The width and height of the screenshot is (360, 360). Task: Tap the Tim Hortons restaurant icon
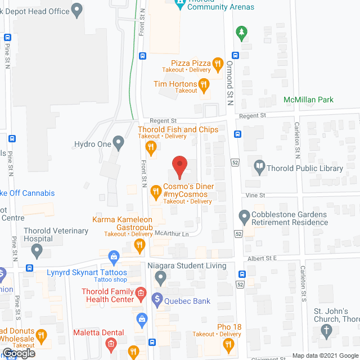point(204,85)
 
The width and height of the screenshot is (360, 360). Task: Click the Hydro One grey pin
point(118,143)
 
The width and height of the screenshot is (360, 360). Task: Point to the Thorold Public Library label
point(305,168)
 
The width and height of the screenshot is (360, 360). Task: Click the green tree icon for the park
point(242,33)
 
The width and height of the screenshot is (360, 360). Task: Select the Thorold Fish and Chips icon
point(150,147)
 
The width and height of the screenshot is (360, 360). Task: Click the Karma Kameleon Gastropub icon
point(140,245)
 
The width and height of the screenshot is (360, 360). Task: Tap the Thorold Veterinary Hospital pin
point(37,249)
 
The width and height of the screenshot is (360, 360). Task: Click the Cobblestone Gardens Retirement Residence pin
point(244,216)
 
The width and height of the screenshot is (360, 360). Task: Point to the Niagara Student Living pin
point(161,277)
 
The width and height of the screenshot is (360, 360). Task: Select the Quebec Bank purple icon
point(157,300)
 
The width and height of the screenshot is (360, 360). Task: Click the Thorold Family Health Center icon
point(141,294)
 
